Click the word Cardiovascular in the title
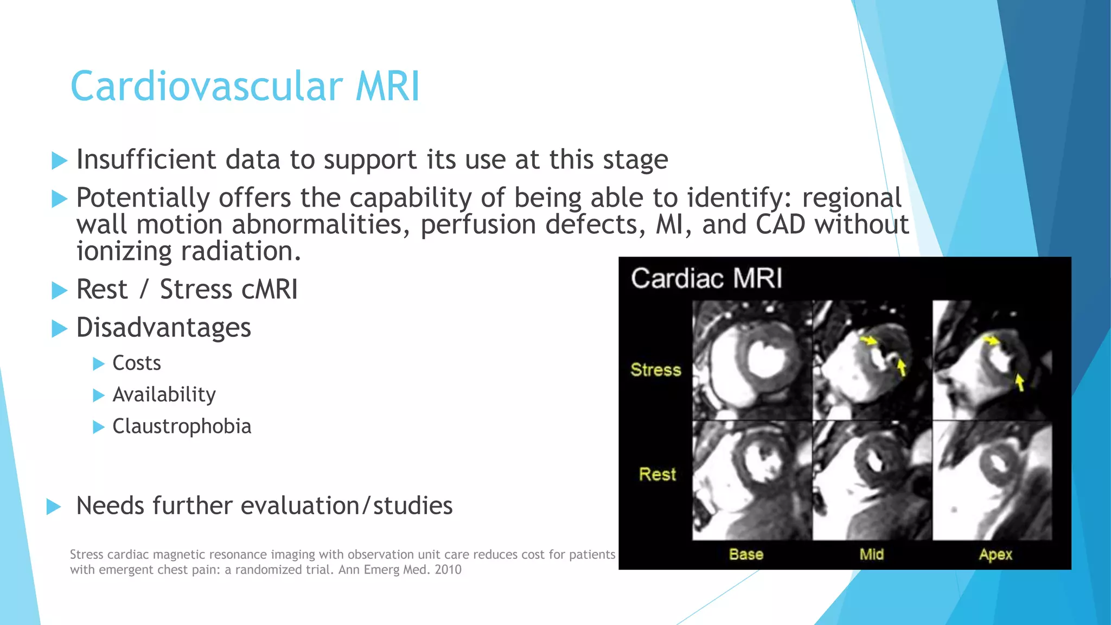pyautogui.click(x=206, y=87)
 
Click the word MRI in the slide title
pyautogui.click(x=387, y=87)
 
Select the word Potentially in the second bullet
pyautogui.click(x=143, y=197)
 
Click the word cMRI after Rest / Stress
pyautogui.click(x=270, y=289)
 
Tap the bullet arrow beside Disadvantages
pyautogui.click(x=59, y=328)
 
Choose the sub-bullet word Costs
pyautogui.click(x=137, y=363)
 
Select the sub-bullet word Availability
pyautogui.click(x=164, y=395)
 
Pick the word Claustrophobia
pyautogui.click(x=182, y=426)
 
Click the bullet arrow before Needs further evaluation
pyautogui.click(x=54, y=507)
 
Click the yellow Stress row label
pyautogui.click(x=655, y=370)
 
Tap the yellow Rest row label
pyautogui.click(x=657, y=474)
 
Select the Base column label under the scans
pyautogui.click(x=746, y=554)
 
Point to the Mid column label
pyautogui.click(x=871, y=554)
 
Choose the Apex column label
pyautogui.click(x=995, y=554)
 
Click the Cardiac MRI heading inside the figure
pyautogui.click(x=706, y=278)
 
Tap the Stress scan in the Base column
pyautogui.click(x=751, y=360)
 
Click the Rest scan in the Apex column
pyautogui.click(x=992, y=480)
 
